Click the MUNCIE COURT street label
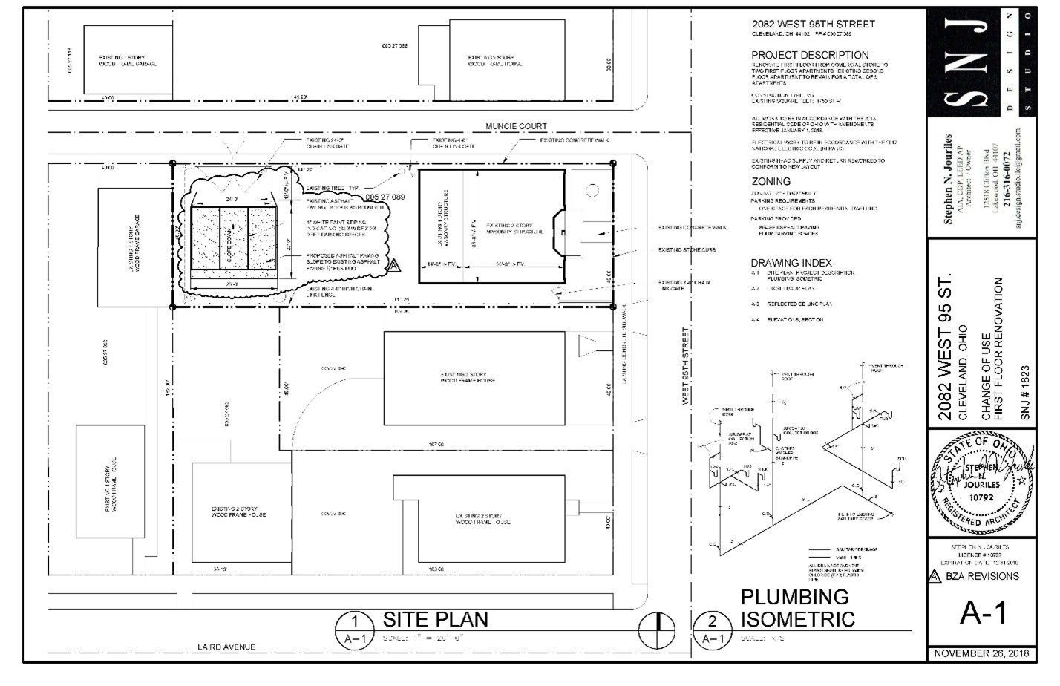pyautogui.click(x=516, y=127)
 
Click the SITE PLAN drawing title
pyautogui.click(x=435, y=619)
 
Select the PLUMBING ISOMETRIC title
pyautogui.click(x=797, y=607)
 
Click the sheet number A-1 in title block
pyautogui.click(x=983, y=614)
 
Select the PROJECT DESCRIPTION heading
pyautogui.click(x=810, y=55)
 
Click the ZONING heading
pyautogui.click(x=771, y=181)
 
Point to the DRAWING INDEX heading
pyautogui.click(x=791, y=263)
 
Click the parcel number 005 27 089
pyautogui.click(x=385, y=197)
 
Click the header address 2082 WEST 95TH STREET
pyautogui.click(x=813, y=24)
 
